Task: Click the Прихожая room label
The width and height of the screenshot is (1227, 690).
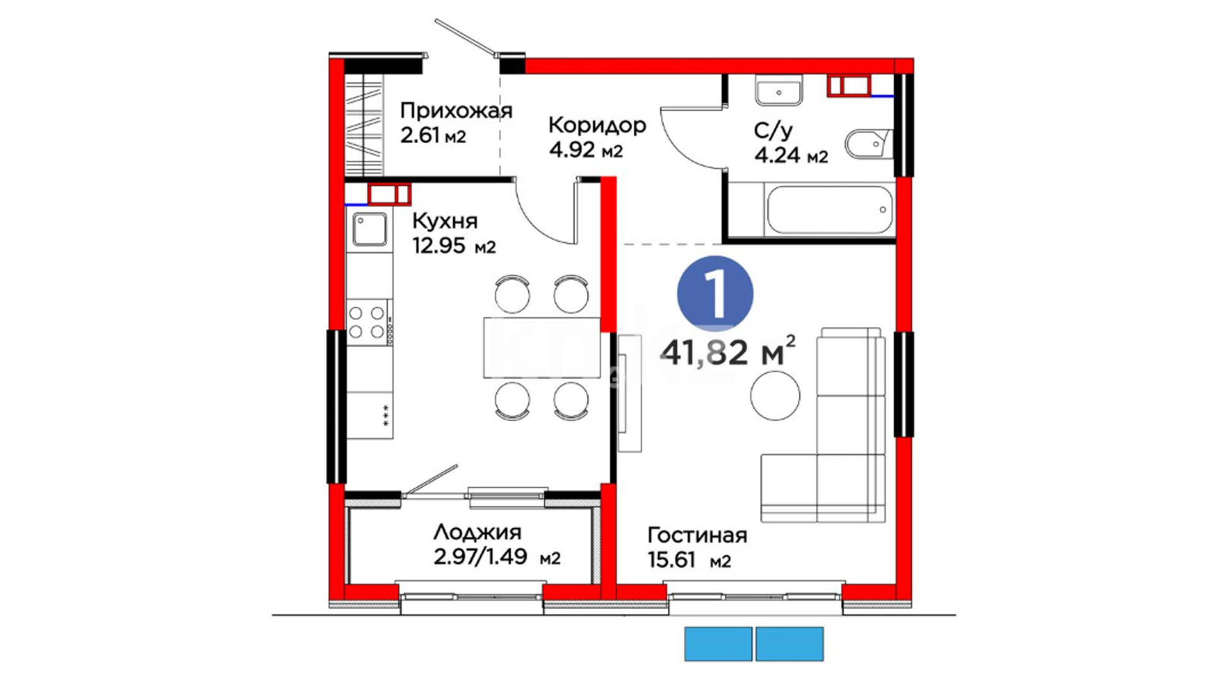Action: (x=456, y=111)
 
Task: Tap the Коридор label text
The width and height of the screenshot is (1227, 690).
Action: (x=597, y=125)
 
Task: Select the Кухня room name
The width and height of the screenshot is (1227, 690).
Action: (x=445, y=221)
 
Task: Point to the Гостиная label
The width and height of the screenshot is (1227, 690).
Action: (x=697, y=535)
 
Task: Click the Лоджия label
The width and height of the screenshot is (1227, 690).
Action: (x=477, y=532)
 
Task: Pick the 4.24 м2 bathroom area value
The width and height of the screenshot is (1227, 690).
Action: (x=791, y=155)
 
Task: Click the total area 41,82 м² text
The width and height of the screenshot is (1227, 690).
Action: (x=728, y=351)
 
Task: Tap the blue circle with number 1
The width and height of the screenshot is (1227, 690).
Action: (x=715, y=294)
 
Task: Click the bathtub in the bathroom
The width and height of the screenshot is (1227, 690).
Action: (x=830, y=210)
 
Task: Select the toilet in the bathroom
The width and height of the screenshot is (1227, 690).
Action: (x=868, y=144)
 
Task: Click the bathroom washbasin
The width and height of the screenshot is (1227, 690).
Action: (x=778, y=91)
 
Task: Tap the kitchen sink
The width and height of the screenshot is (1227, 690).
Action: (x=369, y=229)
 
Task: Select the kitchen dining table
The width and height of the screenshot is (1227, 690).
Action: (x=542, y=348)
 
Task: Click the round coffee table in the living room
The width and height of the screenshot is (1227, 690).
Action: (x=775, y=395)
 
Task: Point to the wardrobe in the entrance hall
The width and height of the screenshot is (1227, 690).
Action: (x=364, y=125)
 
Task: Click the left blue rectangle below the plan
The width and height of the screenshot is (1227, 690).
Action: (x=718, y=644)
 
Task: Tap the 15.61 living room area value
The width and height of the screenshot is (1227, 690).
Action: (x=671, y=560)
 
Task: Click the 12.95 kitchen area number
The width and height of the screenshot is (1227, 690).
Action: (x=438, y=245)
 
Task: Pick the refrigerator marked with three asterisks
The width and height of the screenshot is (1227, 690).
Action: (x=369, y=415)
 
